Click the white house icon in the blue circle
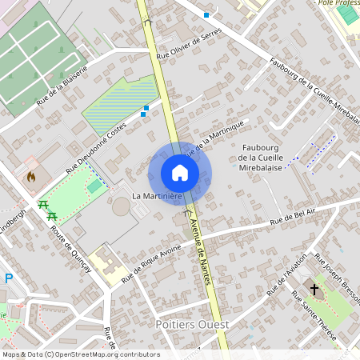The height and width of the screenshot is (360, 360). [x=179, y=172]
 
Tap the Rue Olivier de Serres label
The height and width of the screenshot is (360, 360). [x=188, y=46]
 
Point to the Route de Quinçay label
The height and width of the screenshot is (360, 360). [x=71, y=248]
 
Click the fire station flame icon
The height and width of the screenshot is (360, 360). [x=31, y=175]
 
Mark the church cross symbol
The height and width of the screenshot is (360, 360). [x=314, y=289]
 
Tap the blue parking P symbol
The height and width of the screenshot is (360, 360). [x=9, y=278]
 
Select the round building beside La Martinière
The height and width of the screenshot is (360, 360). [x=121, y=206]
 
